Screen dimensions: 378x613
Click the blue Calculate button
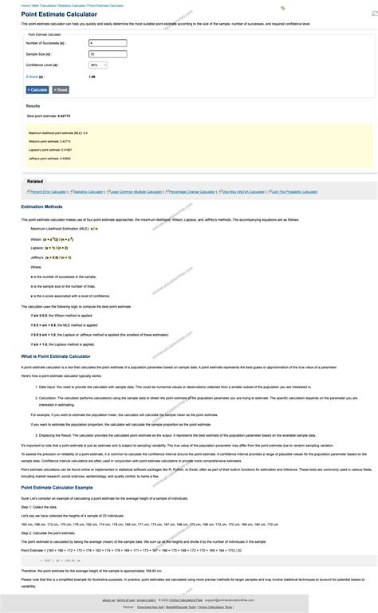(x=37, y=90)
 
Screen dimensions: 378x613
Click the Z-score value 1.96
(x=92, y=77)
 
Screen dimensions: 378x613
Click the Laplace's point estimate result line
(x=50, y=149)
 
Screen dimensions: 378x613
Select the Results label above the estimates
(x=33, y=106)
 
